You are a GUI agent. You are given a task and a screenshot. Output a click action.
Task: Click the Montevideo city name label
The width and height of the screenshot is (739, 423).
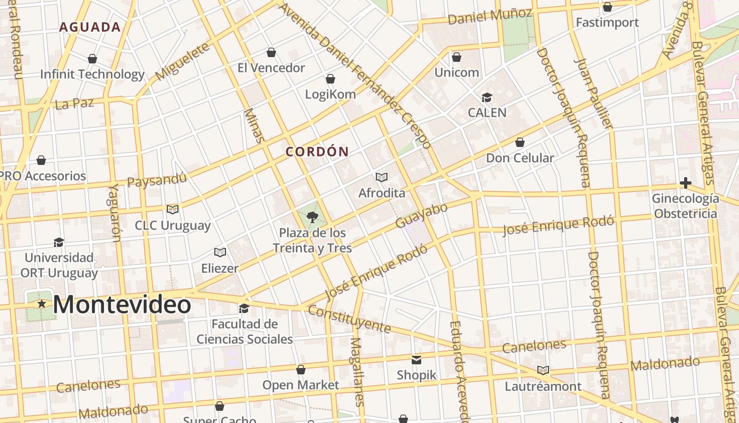tap(122, 305)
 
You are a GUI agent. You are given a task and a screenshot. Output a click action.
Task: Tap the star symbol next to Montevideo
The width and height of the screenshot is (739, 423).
tap(42, 304)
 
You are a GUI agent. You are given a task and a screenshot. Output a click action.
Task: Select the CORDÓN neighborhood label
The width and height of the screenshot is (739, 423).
tap(317, 152)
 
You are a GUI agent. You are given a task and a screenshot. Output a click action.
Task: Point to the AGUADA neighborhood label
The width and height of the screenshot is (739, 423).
tap(90, 27)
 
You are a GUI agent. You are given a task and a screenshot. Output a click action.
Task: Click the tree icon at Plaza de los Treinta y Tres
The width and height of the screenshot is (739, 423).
tap(312, 217)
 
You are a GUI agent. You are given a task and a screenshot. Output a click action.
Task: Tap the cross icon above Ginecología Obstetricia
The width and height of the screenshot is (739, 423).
tap(685, 183)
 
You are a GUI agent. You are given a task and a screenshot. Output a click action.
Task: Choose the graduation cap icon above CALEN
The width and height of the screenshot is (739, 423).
tap(486, 98)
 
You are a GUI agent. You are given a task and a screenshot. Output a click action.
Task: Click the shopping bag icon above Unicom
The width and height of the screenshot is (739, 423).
tap(457, 57)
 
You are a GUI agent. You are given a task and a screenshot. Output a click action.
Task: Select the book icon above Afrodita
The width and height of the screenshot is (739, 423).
tap(382, 177)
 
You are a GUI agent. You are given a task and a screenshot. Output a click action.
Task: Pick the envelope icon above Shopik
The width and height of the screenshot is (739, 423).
tap(416, 360)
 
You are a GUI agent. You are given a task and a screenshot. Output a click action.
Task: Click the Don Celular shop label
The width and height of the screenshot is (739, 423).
tap(519, 158)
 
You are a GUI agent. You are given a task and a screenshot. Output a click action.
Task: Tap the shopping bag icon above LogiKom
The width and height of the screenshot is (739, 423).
tap(330, 79)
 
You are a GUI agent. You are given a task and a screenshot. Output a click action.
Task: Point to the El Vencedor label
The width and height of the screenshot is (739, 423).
tap(271, 68)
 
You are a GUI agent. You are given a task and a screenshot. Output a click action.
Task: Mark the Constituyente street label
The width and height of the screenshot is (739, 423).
tap(349, 319)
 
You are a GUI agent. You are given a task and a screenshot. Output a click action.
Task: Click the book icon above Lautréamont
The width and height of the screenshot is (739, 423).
tap(543, 371)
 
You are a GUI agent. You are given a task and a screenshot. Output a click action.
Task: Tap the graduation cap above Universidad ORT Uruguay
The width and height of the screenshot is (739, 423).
tap(59, 243)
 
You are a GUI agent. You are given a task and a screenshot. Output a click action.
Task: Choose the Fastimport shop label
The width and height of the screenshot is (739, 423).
tap(607, 22)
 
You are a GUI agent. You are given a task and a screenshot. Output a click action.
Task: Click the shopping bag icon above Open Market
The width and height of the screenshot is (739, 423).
tap(301, 370)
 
